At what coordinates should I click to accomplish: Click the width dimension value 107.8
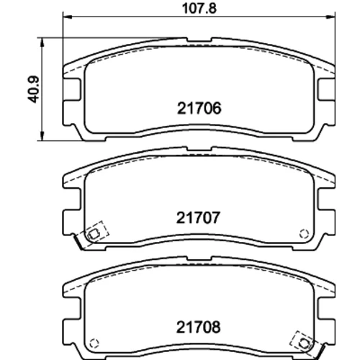click(199, 9)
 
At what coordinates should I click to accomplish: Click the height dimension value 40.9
click(33, 89)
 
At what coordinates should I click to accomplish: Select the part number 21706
click(199, 108)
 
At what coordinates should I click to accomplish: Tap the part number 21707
click(198, 217)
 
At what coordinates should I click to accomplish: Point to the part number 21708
click(198, 327)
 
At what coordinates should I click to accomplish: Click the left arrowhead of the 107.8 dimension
click(67, 17)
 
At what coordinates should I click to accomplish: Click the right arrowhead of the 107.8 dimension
click(330, 17)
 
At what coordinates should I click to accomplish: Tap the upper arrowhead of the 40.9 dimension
click(42, 42)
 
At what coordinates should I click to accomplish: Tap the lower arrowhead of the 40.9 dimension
click(42, 136)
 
